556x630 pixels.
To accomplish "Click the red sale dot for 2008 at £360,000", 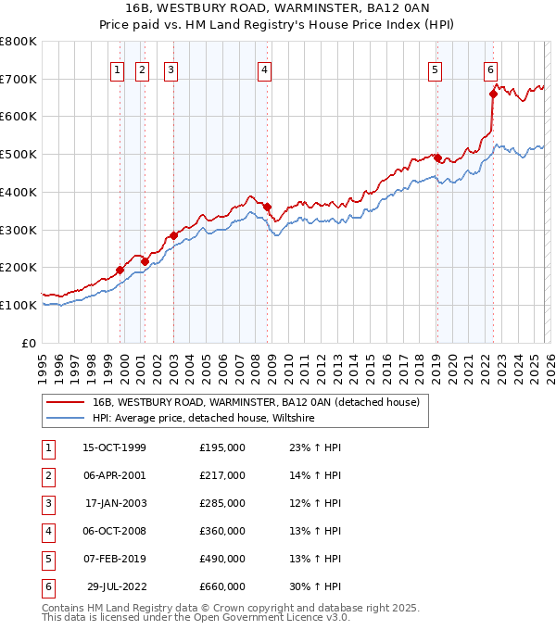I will pyautogui.click(x=267, y=207).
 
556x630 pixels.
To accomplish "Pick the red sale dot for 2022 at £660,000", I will pyautogui.click(x=493, y=93).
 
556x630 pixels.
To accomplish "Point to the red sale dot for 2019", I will pyautogui.click(x=437, y=157).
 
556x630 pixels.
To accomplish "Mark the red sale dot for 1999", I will pyautogui.click(x=120, y=270).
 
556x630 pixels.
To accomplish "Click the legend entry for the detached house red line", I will pyautogui.click(x=256, y=402).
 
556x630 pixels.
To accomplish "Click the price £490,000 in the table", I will pyautogui.click(x=222, y=559).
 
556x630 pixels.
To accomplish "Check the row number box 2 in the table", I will pyautogui.click(x=47, y=476).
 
